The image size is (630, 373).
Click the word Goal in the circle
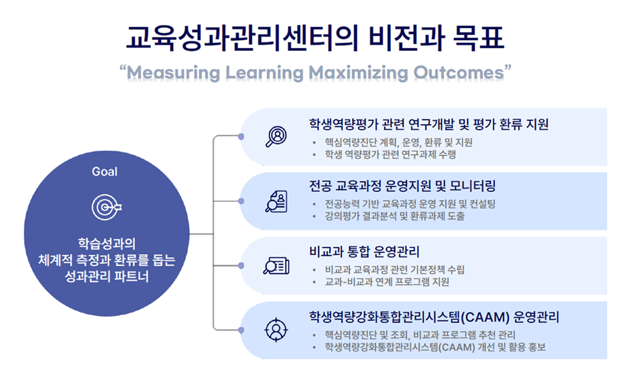tap(104, 172)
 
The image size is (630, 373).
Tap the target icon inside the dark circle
tap(107, 207)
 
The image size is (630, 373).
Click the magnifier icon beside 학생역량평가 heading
tap(276, 137)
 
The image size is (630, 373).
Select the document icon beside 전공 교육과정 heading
tap(276, 201)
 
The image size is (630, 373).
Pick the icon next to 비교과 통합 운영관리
tap(276, 265)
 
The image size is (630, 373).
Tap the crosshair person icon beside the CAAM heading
tap(276, 330)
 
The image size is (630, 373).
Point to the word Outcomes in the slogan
tap(459, 72)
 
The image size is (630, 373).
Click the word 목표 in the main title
tap(479, 38)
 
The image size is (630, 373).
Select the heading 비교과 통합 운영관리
tap(364, 252)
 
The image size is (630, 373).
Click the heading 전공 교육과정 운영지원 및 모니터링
tap(402, 186)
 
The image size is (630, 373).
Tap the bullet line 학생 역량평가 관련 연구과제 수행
tap(390, 154)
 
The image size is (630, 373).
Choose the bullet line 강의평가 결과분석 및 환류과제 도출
tap(395, 216)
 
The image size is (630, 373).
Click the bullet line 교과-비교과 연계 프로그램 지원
tap(387, 282)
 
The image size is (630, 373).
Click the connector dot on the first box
tap(241, 137)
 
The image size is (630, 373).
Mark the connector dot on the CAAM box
tap(241, 330)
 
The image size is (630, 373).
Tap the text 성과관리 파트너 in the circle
tap(107, 276)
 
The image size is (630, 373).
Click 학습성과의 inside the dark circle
tap(107, 244)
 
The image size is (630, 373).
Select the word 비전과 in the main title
tap(407, 38)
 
